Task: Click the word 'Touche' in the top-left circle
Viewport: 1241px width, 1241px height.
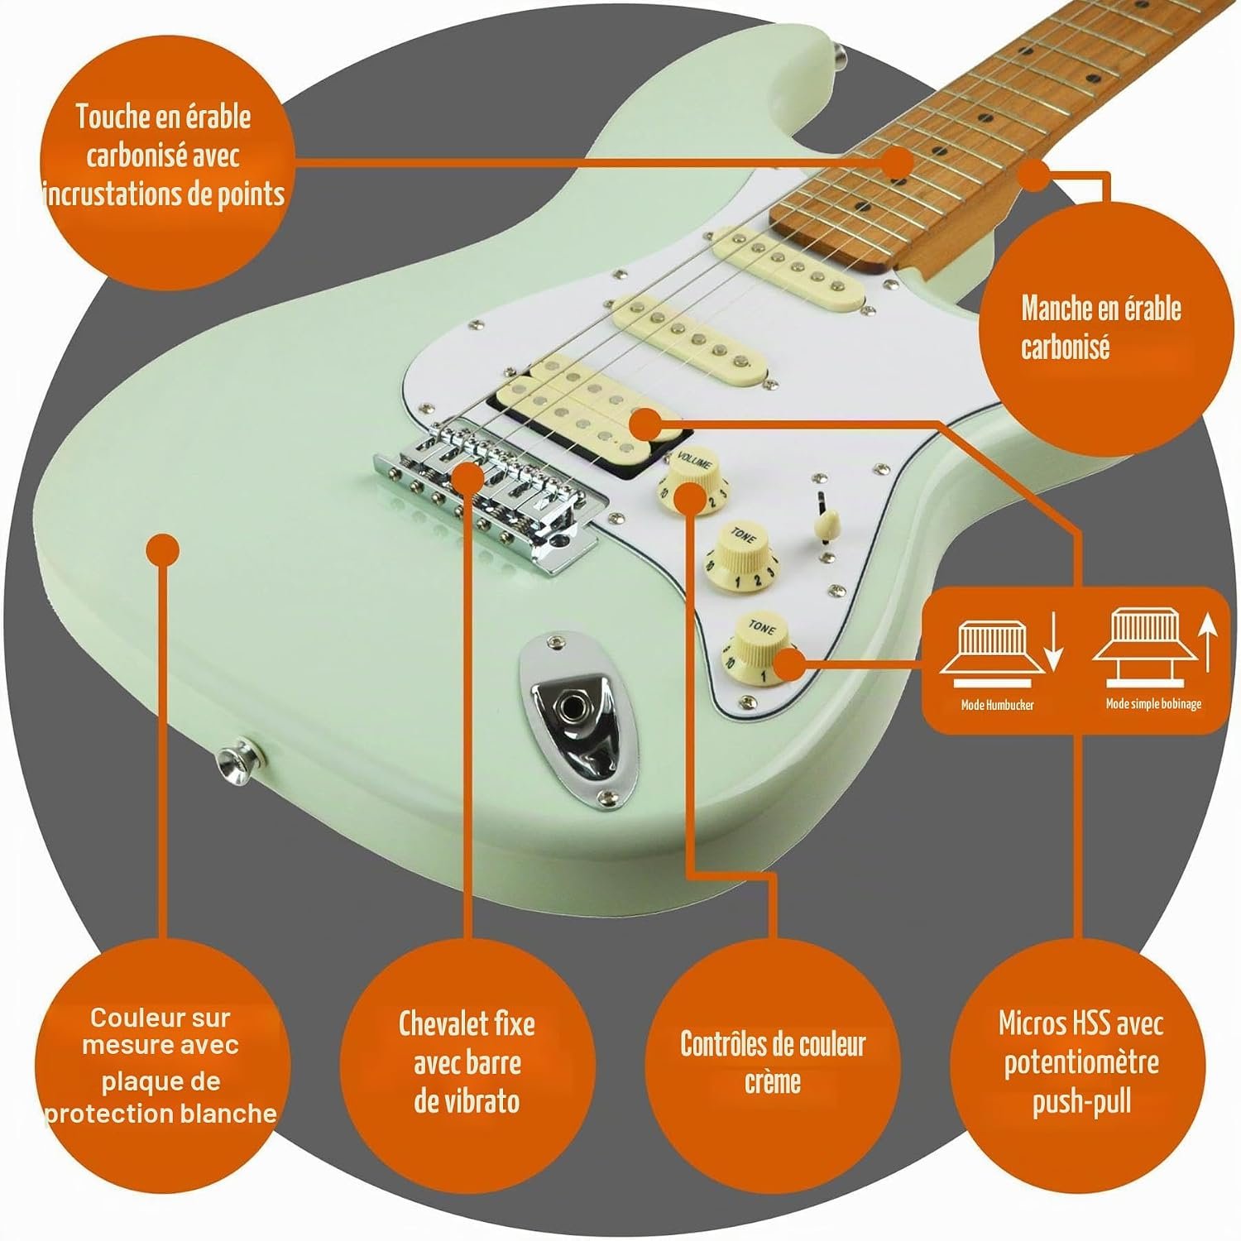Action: pyautogui.click(x=112, y=117)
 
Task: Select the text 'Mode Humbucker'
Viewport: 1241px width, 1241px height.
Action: pyautogui.click(x=997, y=705)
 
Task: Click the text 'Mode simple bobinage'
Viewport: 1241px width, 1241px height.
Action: pyautogui.click(x=1153, y=704)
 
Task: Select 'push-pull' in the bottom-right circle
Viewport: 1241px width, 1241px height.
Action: pyautogui.click(x=1081, y=1104)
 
